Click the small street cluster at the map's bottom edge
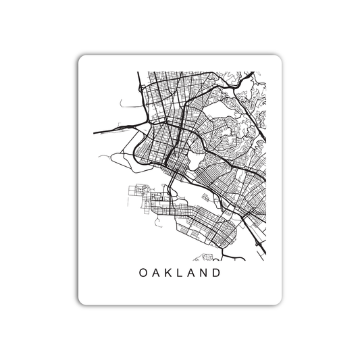point(206,257)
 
